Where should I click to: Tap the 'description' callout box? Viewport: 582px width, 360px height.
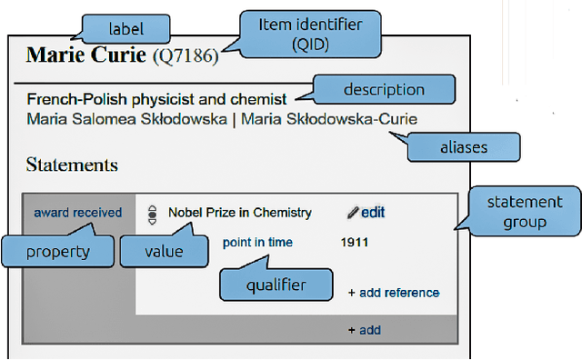tap(383, 89)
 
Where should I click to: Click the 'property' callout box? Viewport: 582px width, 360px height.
tap(57, 250)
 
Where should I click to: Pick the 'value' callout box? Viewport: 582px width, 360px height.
tap(164, 250)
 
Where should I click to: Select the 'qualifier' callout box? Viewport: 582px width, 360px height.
tap(276, 285)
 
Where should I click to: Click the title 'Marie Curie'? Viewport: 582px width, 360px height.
tap(85, 55)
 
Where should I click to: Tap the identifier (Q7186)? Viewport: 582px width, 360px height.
tap(186, 56)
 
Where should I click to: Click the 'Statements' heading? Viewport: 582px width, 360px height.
tap(72, 165)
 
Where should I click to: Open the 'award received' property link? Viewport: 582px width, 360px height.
tap(77, 213)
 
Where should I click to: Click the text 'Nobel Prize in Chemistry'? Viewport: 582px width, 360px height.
tap(240, 213)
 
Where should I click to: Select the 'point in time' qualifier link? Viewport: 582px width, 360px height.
tap(256, 243)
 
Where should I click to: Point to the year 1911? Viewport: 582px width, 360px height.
tap(355, 243)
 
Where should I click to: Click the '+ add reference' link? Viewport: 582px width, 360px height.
tap(393, 293)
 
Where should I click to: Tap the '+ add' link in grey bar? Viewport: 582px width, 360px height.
tap(364, 330)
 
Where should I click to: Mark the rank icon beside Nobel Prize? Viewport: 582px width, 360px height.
tap(152, 214)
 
